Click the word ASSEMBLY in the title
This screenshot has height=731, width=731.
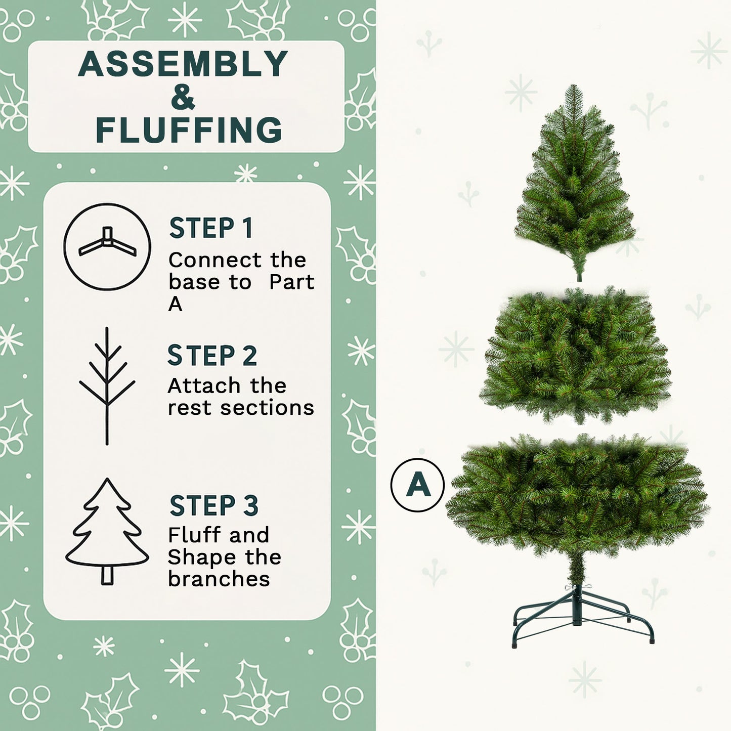[183, 64]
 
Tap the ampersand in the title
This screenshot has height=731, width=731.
[183, 97]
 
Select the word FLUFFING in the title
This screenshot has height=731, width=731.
[189, 130]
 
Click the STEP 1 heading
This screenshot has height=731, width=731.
[210, 228]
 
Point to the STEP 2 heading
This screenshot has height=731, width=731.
[212, 356]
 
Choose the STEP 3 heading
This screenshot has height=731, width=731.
[214, 506]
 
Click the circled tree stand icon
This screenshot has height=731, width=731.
[107, 246]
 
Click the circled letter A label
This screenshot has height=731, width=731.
[417, 485]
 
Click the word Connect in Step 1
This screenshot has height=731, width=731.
[216, 261]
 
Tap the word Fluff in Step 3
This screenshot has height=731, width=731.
[193, 535]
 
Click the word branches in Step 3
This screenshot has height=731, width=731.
[219, 579]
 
